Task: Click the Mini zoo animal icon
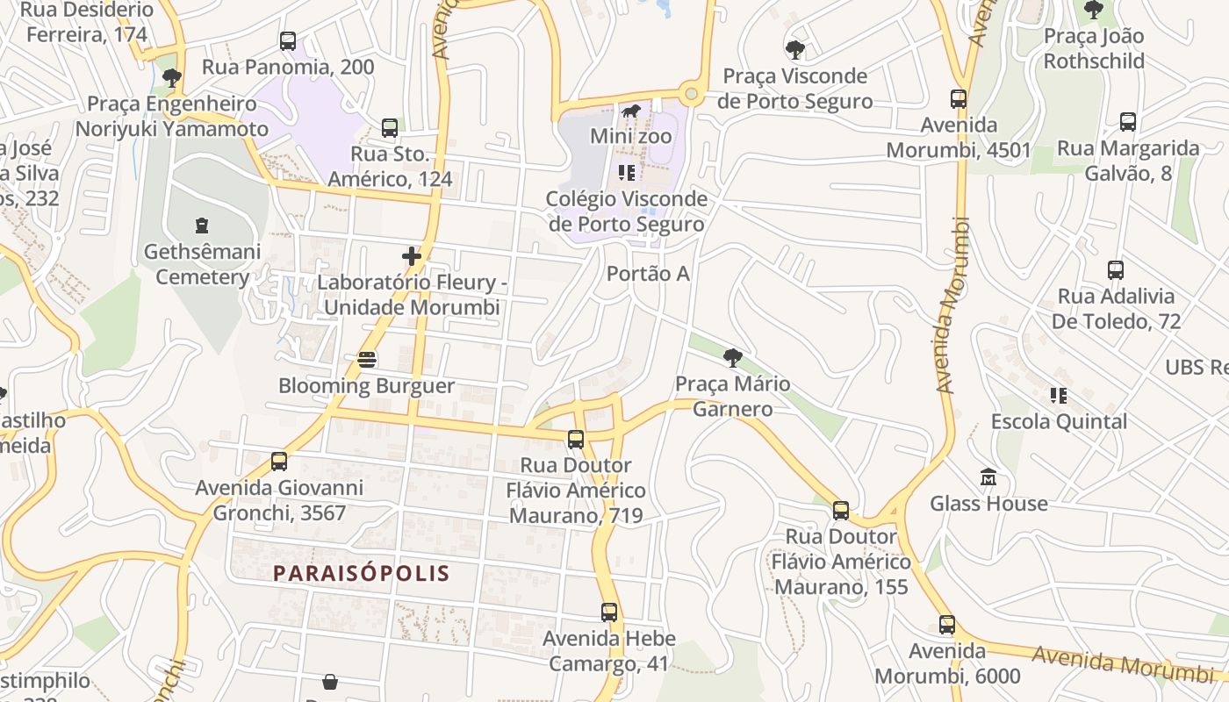tap(630, 111)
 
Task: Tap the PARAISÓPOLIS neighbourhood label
tap(361, 574)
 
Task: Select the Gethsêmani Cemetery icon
tap(202, 226)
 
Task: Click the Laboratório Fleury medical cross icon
tap(412, 256)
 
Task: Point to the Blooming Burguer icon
tap(367, 360)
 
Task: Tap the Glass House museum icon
tap(988, 477)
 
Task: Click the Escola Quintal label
tap(1059, 421)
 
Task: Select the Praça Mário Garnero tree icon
tap(732, 357)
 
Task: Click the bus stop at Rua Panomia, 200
tap(287, 40)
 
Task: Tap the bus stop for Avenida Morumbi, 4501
tap(958, 99)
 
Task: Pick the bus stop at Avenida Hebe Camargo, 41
tap(609, 612)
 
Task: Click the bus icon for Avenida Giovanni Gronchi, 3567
tap(278, 461)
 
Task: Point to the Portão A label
tap(648, 274)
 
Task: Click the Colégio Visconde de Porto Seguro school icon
tap(626, 172)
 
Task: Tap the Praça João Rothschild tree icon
tap(1093, 10)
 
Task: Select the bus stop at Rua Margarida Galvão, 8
tap(1127, 122)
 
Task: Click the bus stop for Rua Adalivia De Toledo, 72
tap(1115, 270)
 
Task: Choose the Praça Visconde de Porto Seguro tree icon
tap(794, 49)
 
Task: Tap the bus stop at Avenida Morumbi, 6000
tap(946, 625)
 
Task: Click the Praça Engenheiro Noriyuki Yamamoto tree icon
tap(172, 77)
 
